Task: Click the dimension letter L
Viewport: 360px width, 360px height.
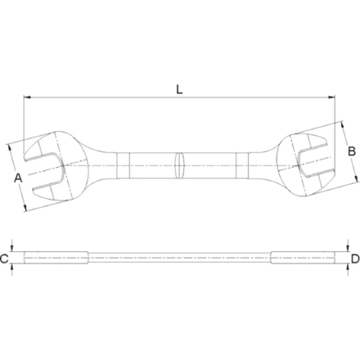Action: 179,88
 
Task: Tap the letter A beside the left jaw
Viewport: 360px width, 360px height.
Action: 17,177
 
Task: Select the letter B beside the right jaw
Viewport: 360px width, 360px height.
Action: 350,151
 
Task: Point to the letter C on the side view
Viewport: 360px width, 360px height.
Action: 5,259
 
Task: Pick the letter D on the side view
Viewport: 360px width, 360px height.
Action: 355,259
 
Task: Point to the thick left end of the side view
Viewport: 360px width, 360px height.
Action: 53,259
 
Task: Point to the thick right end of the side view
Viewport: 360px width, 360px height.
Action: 307,259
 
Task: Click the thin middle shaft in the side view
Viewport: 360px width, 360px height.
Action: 180,259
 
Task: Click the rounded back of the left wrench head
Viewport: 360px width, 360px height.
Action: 79,164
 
